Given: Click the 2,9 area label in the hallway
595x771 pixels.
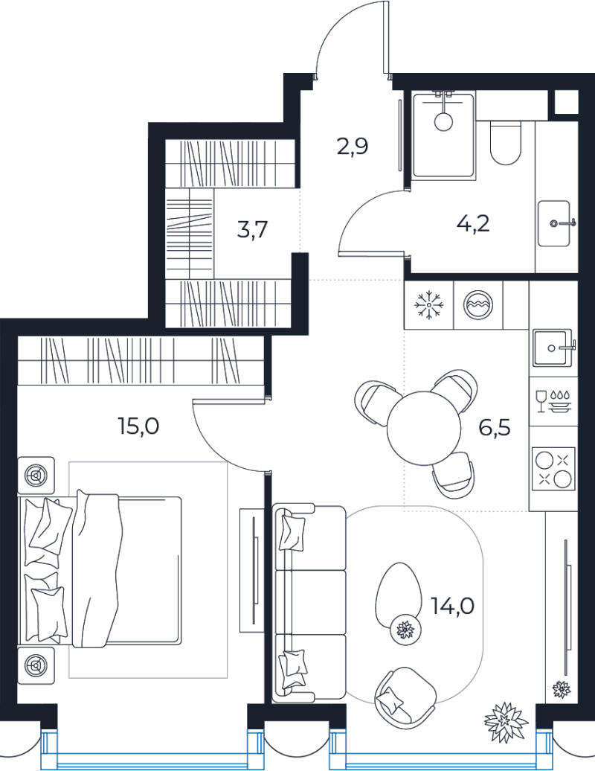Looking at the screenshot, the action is tap(353, 147).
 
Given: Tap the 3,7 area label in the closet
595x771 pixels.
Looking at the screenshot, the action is tap(252, 229).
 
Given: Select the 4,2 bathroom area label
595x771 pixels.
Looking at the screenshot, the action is tap(473, 224).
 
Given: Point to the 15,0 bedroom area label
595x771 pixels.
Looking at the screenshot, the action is tap(138, 426).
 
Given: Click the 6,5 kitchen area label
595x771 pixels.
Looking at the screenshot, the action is tap(495, 428).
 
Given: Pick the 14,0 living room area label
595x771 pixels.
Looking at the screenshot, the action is tap(452, 607).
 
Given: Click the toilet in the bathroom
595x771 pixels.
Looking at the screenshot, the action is tap(505, 143).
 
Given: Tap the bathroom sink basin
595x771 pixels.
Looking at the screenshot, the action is tap(554, 223).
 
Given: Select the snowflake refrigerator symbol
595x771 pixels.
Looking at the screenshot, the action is tap(429, 305).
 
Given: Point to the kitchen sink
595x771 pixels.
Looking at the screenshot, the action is tap(553, 348).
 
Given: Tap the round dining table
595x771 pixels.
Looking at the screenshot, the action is tap(423, 428).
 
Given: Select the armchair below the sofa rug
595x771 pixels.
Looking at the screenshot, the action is tap(405, 694).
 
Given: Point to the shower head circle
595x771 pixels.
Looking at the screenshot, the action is tap(444, 121).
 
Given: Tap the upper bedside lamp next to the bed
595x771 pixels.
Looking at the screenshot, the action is tap(36, 476).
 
